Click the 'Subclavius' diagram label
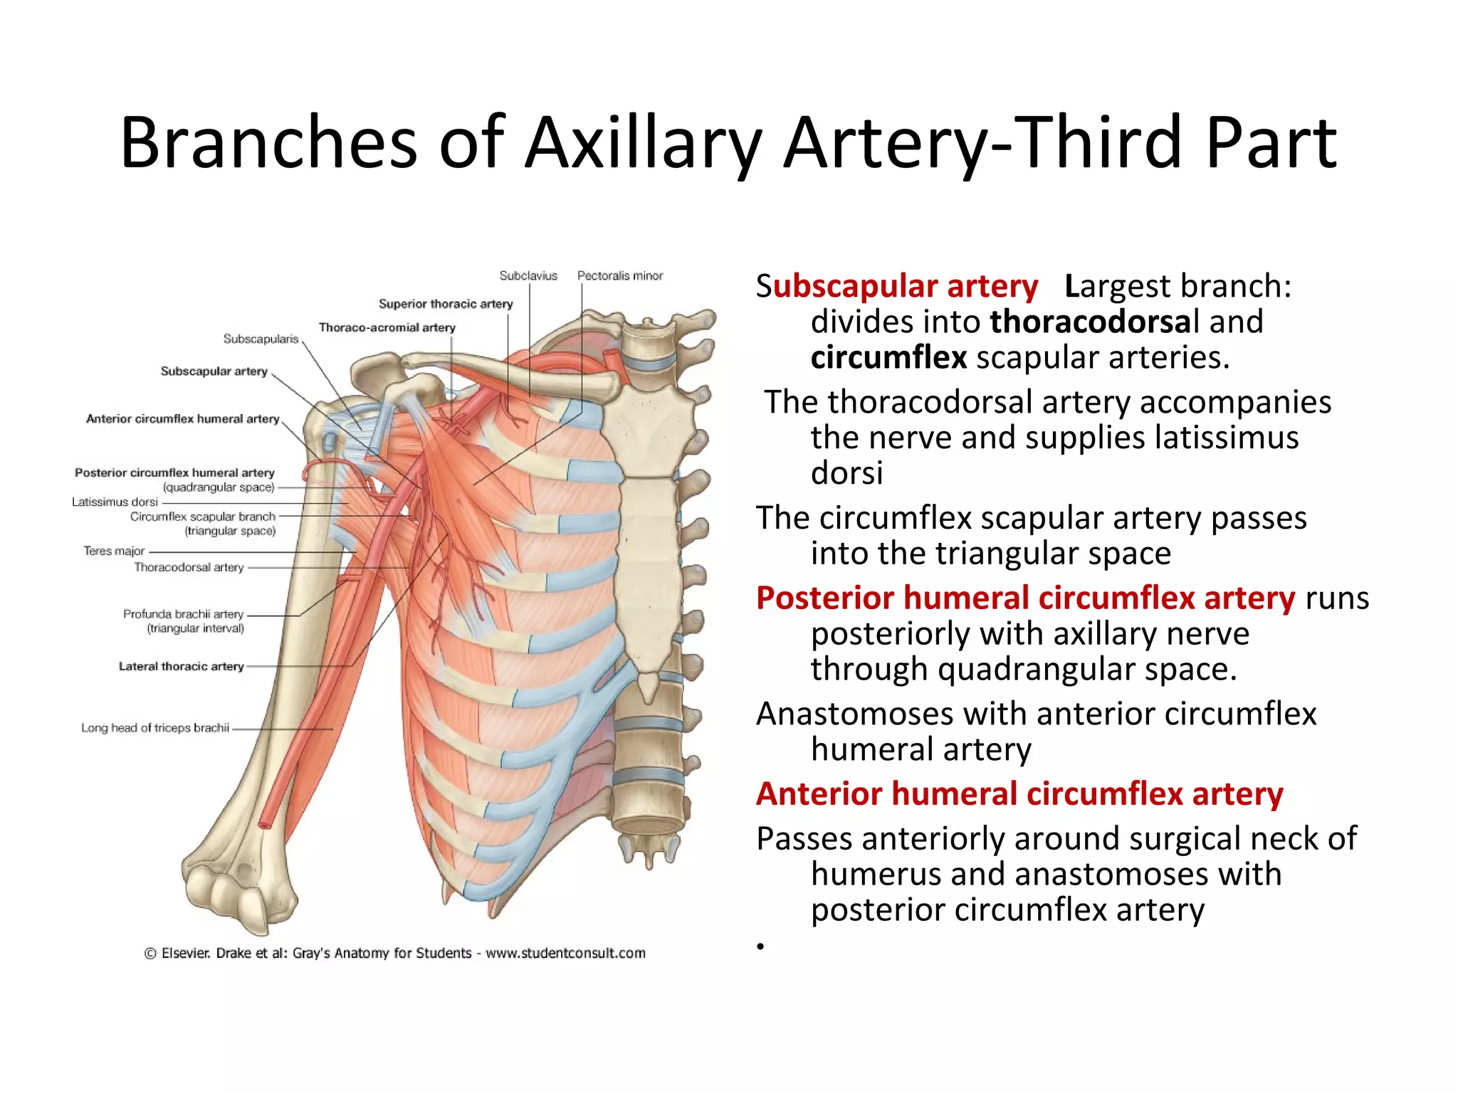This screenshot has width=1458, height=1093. coord(528,275)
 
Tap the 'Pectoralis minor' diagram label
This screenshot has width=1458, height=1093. coord(619,275)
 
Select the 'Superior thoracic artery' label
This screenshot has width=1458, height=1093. coord(446,304)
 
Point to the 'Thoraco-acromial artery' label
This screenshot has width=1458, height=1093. coord(387,327)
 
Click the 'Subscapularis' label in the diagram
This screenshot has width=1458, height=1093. coord(261,339)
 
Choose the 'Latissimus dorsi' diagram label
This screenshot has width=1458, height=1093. coord(115,502)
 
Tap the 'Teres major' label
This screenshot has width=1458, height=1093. coord(114,551)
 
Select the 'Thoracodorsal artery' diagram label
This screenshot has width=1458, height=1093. coord(189,567)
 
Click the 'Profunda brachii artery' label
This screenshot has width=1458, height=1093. coord(183,614)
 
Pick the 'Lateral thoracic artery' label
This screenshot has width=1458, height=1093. coord(181,666)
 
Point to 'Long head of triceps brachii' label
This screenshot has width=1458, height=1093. coord(155,727)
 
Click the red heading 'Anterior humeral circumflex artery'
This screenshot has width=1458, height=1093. coord(1019,793)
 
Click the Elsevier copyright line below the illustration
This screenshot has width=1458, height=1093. coord(394,953)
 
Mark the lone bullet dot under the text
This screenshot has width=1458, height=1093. coord(760,946)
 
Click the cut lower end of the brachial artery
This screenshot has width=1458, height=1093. coord(265,824)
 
